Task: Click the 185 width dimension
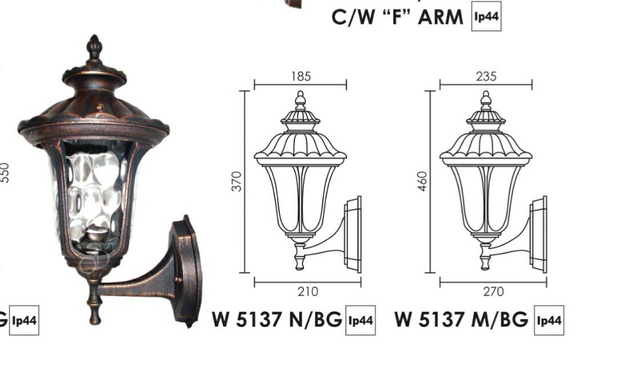point(301,77)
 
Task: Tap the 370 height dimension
point(237,181)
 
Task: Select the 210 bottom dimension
point(308,292)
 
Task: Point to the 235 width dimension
point(486,77)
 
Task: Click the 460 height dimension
point(422,181)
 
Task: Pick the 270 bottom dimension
point(494,292)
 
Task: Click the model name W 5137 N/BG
point(277,319)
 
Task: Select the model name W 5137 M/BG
point(461,319)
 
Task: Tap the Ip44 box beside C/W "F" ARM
point(486,16)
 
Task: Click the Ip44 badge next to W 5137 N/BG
point(360,320)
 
